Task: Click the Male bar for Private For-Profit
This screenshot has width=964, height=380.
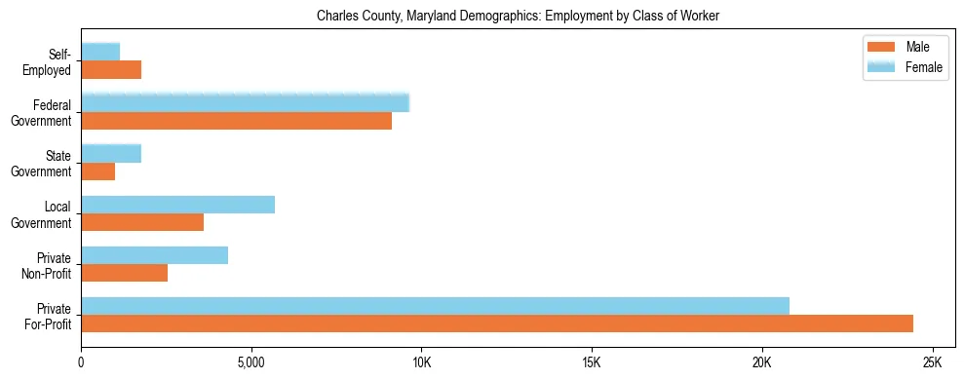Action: (x=497, y=323)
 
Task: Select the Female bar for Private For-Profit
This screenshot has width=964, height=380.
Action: (x=435, y=306)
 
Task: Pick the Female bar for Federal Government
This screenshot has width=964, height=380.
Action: (x=245, y=103)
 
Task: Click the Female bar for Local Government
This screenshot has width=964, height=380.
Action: (x=177, y=205)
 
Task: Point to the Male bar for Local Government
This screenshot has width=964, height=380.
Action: (x=142, y=222)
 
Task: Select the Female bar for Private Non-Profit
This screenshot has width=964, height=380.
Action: (x=154, y=255)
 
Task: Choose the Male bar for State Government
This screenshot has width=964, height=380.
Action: (x=98, y=171)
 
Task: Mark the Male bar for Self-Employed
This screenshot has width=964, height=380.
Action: (x=111, y=70)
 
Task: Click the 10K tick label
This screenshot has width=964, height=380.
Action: (x=421, y=362)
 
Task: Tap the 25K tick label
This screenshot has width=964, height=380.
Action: (x=932, y=362)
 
